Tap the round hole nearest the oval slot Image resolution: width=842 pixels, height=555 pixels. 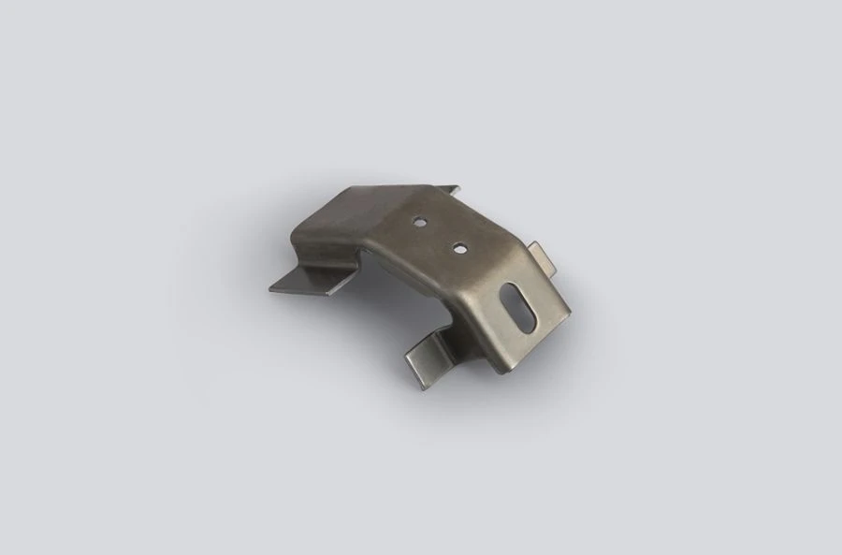(460, 248)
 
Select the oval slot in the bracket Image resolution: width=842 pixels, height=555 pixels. (517, 304)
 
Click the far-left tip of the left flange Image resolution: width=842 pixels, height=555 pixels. (269, 288)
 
